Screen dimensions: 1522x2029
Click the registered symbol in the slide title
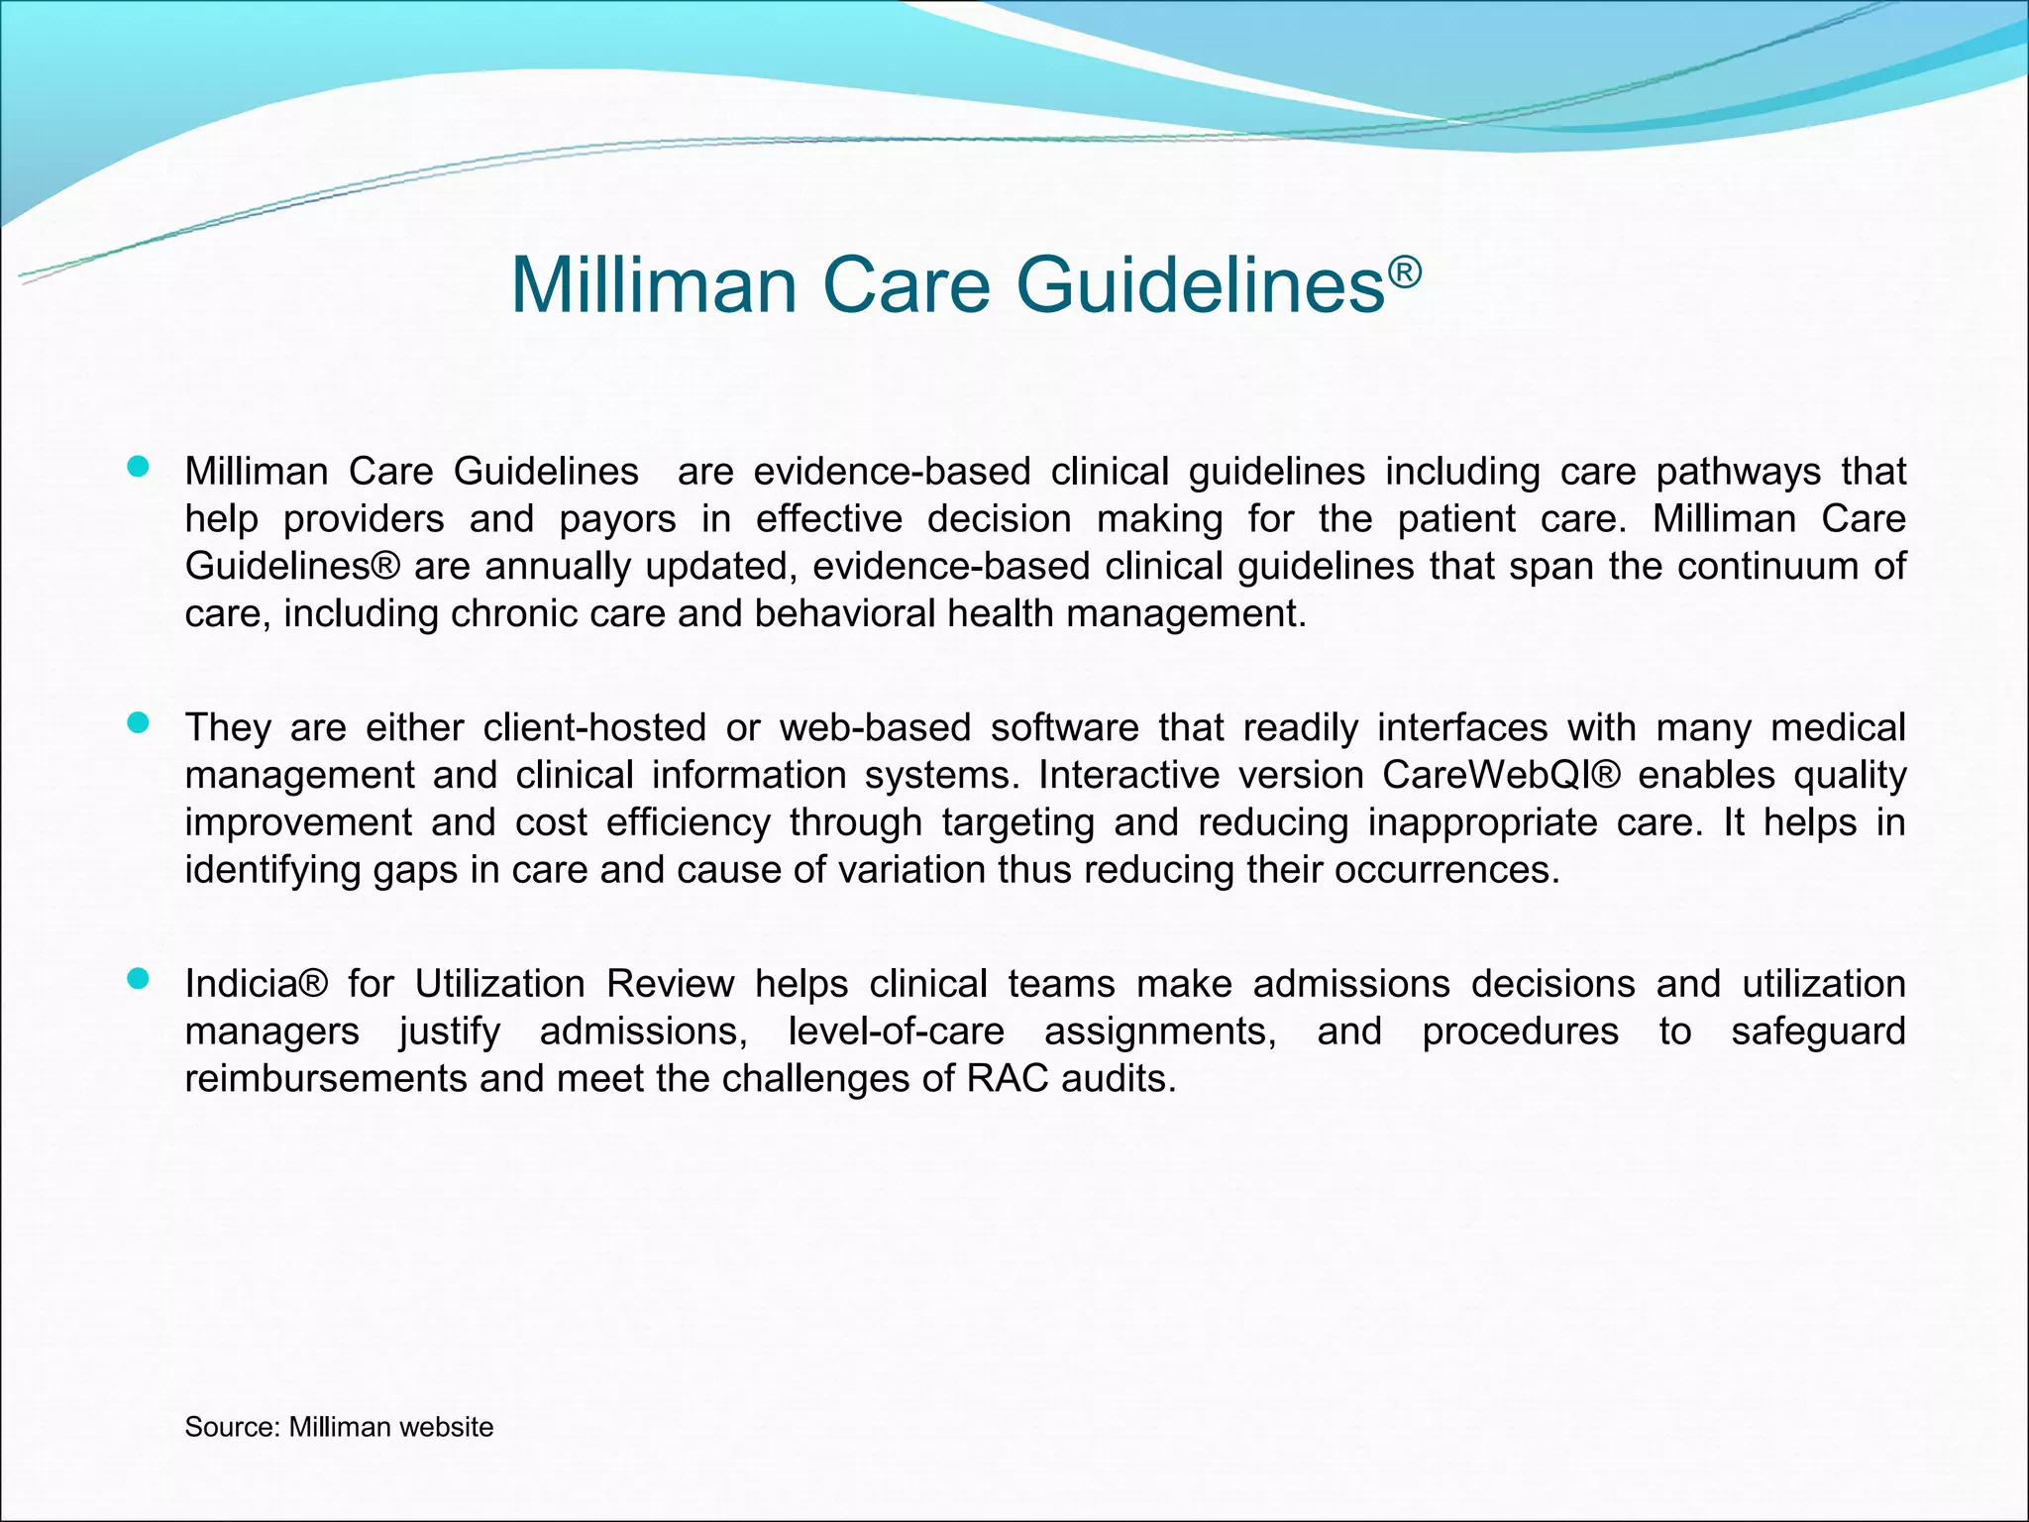tap(1405, 271)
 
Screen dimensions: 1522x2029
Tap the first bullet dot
tap(139, 467)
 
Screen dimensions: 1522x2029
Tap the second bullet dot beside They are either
tap(139, 723)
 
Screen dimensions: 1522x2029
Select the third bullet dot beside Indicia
tap(139, 980)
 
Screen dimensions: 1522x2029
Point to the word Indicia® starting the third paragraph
tap(256, 984)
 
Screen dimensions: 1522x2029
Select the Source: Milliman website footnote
tap(339, 1427)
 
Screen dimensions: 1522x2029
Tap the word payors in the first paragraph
tap(617, 520)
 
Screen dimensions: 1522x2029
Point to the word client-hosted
tap(594, 728)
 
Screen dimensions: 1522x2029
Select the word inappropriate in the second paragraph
tap(1482, 823)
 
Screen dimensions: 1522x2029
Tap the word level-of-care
tap(896, 1032)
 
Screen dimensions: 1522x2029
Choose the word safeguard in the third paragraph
tap(1818, 1032)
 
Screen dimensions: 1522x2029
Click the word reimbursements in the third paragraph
tap(326, 1079)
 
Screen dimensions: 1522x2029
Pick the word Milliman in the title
tap(654, 286)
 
